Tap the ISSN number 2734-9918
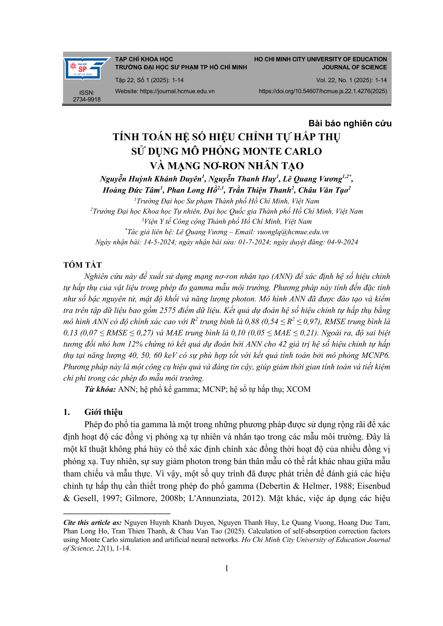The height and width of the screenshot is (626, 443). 87,99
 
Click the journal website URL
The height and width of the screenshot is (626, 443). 177,91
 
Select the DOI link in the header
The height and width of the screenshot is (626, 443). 323,91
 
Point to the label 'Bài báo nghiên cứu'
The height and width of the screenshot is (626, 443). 350,123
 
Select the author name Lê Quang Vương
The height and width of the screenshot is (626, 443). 312,179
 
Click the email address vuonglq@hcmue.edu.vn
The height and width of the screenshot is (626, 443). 293,232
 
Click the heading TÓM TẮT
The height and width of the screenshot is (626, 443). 82,265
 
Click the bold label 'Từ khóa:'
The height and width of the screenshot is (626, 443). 100,389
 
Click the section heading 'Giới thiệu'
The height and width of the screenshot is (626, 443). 103,412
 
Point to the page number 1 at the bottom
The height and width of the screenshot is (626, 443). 226,568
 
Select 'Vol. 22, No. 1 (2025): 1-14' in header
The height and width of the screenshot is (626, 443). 351,80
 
